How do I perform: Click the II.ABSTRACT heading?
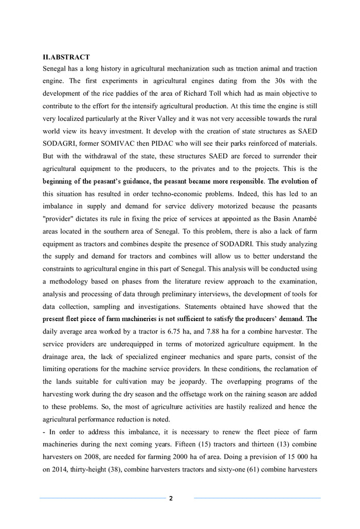pyautogui.click(x=66, y=57)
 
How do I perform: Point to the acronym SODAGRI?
pyautogui.click(x=60, y=143)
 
